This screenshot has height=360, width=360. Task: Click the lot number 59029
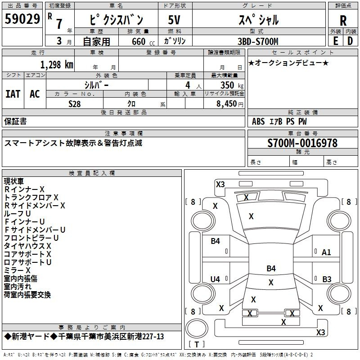(22, 19)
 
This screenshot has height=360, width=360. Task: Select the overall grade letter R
(343, 21)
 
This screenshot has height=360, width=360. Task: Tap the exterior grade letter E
(335, 41)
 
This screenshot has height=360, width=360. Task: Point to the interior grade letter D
(350, 41)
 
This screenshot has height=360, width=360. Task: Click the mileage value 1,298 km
(57, 65)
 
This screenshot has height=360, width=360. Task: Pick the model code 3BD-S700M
(258, 41)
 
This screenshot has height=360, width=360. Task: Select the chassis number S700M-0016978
(302, 143)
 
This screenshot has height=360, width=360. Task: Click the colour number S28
(75, 104)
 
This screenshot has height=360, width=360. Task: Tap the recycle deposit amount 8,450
(226, 104)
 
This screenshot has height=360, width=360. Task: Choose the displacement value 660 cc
(143, 41)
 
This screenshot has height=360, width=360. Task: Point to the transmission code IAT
(13, 94)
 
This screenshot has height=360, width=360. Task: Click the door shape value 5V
(174, 20)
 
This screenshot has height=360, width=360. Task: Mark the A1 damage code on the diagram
(326, 252)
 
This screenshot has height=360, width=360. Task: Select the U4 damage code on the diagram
(215, 279)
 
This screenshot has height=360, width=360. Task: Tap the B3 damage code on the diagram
(327, 279)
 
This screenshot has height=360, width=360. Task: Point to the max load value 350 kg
(232, 85)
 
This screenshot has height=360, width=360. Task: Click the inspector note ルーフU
(17, 213)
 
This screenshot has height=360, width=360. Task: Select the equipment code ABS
(258, 121)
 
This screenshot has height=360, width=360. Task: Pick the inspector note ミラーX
(17, 270)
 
